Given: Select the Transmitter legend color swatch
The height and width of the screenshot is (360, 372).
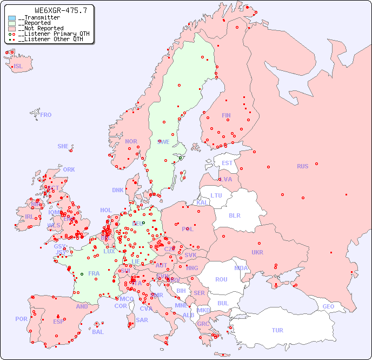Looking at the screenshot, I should [12, 18].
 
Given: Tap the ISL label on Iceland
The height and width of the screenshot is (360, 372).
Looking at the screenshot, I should [18, 67].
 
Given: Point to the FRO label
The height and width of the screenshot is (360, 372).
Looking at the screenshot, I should [46, 115].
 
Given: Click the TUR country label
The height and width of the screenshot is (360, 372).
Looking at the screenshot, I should [277, 330].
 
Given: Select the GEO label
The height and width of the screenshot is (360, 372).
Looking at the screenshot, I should [328, 306].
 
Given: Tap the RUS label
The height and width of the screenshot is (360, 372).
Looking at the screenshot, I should [303, 166].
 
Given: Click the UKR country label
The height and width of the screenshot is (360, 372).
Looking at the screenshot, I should [257, 252].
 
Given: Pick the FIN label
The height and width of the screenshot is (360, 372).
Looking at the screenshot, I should [226, 115].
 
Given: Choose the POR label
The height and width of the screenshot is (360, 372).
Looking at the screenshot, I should [21, 319].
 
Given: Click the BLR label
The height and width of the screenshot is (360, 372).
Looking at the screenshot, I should [235, 215].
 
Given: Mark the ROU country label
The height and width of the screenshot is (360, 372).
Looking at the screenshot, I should [222, 279].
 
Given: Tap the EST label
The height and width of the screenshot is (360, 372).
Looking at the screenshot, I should [227, 163].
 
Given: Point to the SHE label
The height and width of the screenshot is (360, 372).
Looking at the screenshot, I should [63, 146].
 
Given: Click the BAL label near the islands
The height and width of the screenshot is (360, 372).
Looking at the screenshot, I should [98, 332].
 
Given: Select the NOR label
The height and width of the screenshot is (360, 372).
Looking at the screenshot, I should [131, 141].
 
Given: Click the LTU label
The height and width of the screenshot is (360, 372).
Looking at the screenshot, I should [216, 195].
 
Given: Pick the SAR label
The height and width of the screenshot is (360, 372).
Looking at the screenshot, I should [142, 320].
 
